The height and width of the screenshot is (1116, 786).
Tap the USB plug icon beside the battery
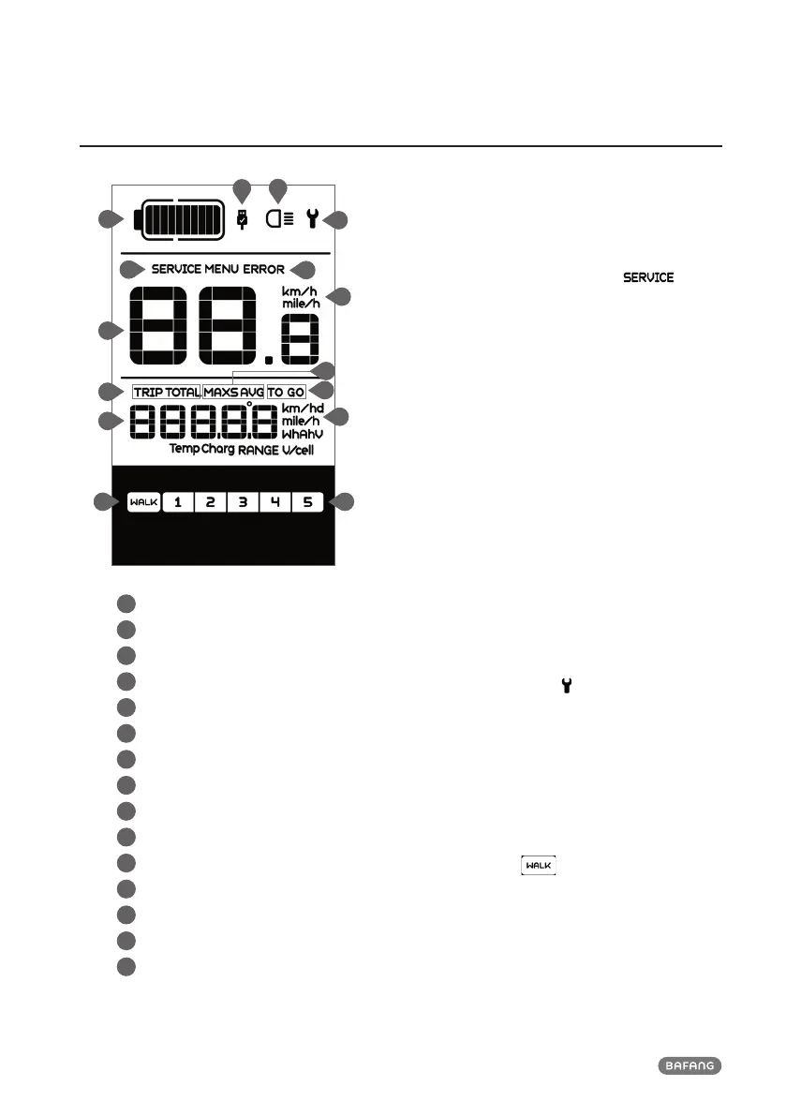(243, 219)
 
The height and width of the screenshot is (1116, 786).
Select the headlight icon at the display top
(277, 220)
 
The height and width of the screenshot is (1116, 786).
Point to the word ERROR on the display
(264, 269)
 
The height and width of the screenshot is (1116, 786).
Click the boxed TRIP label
(148, 391)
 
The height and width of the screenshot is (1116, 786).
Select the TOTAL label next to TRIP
(183, 391)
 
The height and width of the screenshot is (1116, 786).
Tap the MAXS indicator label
(221, 391)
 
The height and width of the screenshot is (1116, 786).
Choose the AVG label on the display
(252, 391)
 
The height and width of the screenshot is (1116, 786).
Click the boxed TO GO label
(286, 391)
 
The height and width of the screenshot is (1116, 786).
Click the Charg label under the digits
(217, 450)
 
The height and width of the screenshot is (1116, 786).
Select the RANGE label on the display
(259, 450)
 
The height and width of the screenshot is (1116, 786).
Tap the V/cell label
(299, 450)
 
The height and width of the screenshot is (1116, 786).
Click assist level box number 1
(178, 502)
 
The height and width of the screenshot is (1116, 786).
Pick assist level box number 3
(243, 502)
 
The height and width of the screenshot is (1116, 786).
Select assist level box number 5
(307, 502)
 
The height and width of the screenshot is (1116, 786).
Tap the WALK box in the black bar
(143, 502)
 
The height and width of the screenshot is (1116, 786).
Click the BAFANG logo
(689, 1064)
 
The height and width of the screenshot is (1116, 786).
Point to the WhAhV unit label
(302, 435)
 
